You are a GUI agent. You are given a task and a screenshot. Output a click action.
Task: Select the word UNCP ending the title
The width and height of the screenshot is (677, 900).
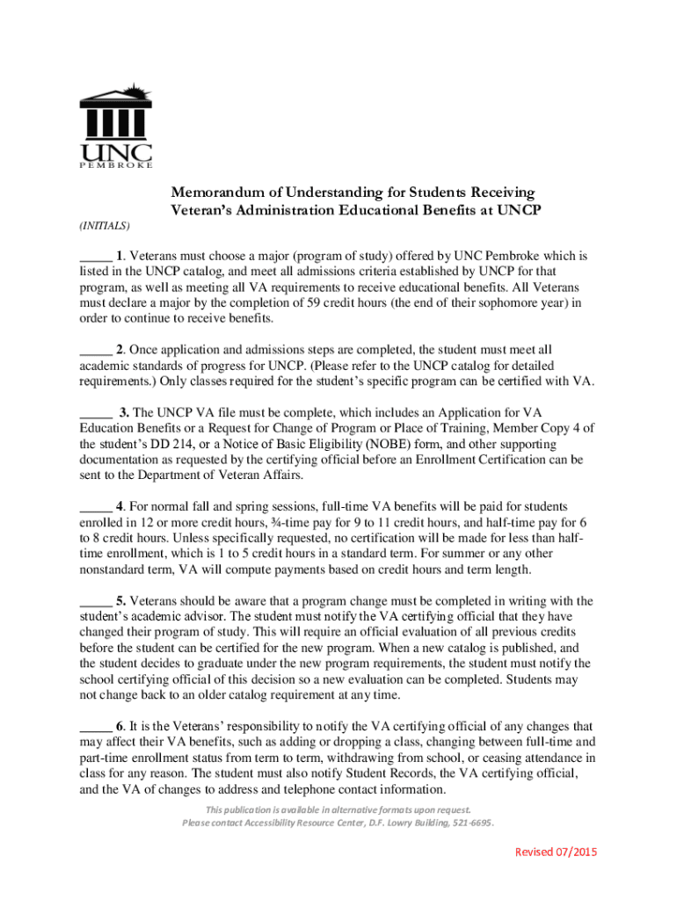tap(519, 210)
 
